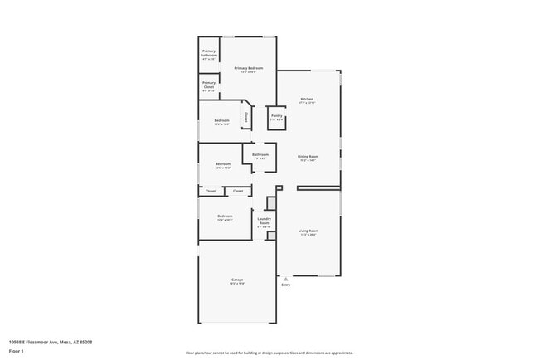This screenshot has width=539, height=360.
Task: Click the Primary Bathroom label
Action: [209, 53]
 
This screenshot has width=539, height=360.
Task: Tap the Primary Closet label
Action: [209, 85]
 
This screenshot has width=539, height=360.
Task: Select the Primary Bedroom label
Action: [249, 68]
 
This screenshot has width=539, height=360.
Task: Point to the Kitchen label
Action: [307, 99]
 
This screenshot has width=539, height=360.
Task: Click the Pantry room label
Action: [276, 116]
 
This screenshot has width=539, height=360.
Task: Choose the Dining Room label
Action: [308, 156]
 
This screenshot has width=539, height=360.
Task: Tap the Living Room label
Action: [308, 231]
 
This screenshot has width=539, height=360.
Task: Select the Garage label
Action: [236, 280]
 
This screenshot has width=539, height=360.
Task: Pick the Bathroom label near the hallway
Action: [260, 154]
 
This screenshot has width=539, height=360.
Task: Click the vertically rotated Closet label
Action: [245, 118]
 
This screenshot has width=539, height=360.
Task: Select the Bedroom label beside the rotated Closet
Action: [221, 120]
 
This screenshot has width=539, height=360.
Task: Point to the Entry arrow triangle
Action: [286, 279]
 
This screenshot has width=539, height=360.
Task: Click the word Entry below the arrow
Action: [286, 285]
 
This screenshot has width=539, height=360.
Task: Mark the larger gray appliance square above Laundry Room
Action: [269, 202]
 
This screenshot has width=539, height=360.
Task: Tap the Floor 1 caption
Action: [17, 351]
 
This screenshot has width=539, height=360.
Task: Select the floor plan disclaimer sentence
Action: [269, 353]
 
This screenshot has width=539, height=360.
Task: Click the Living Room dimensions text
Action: [308, 235]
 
